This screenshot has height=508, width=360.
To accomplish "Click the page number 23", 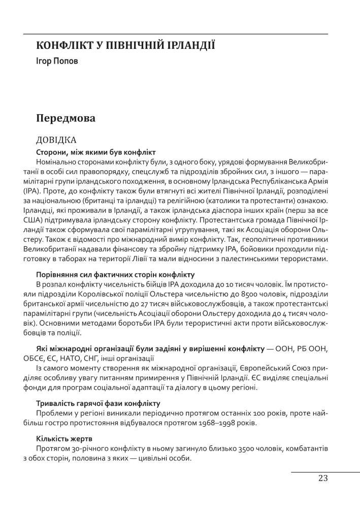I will (x=323, y=478).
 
